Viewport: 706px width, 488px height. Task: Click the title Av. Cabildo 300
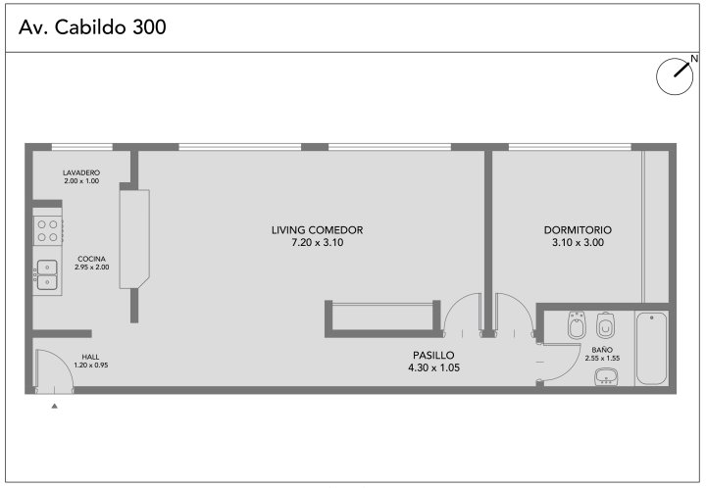[x=92, y=27]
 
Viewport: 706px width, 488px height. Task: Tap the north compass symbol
[x=675, y=76]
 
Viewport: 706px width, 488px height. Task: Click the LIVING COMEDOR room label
[x=317, y=230]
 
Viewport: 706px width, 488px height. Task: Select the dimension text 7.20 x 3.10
[x=318, y=242]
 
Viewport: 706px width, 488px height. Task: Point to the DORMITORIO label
[x=578, y=230]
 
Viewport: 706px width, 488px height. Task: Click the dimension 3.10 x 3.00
[x=578, y=242]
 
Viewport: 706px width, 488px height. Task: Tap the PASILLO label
[x=433, y=355]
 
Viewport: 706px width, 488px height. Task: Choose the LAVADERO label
[x=81, y=172]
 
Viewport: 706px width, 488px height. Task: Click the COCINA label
[x=92, y=259]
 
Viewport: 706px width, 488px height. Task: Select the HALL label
[x=90, y=357]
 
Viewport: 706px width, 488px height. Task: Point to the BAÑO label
[x=602, y=350]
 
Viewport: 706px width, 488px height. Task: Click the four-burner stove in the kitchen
[x=48, y=230]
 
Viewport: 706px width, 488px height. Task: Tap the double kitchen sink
[x=47, y=274]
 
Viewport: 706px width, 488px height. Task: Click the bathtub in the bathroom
[x=651, y=348]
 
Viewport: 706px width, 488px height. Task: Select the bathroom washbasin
[x=607, y=376]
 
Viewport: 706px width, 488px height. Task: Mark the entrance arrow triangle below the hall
[x=55, y=406]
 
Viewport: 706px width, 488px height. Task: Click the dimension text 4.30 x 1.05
[x=433, y=367]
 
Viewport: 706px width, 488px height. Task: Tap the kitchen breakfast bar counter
[x=134, y=239]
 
